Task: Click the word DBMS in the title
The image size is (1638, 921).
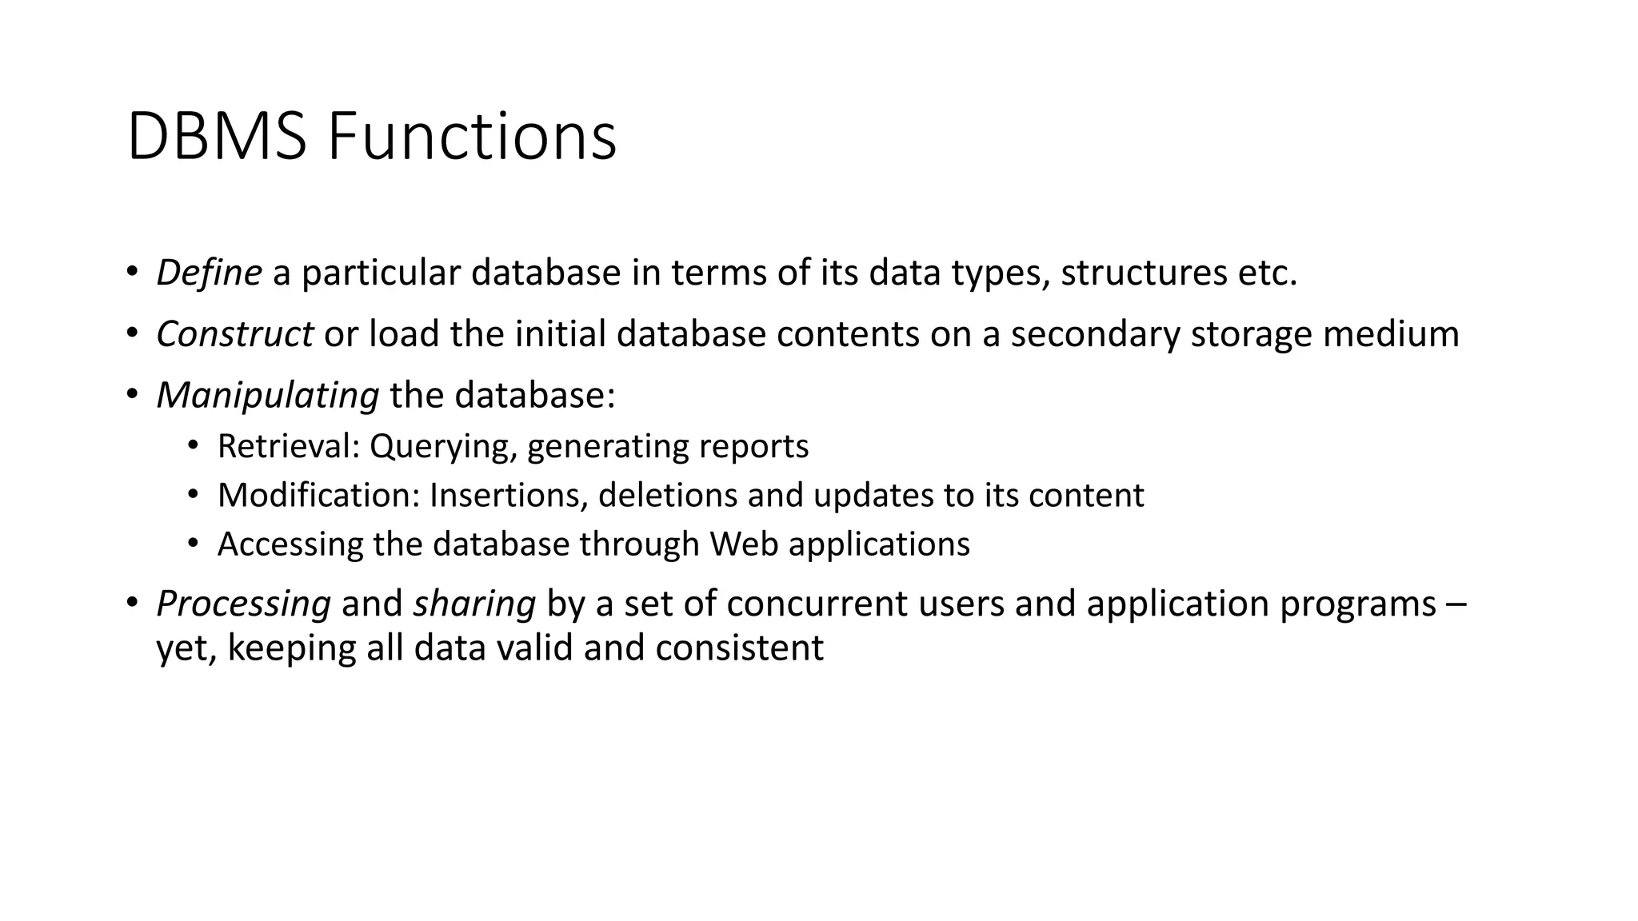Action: (216, 137)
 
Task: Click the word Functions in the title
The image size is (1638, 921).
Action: (472, 137)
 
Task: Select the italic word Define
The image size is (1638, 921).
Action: (209, 273)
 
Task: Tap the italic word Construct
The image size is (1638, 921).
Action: (234, 333)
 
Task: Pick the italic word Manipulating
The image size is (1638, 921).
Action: (267, 395)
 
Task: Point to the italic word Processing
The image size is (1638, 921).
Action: (243, 604)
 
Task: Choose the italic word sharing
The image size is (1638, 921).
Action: (474, 604)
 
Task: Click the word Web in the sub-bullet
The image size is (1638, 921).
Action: (744, 544)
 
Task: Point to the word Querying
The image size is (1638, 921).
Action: (439, 447)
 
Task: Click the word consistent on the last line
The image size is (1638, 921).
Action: (739, 648)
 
